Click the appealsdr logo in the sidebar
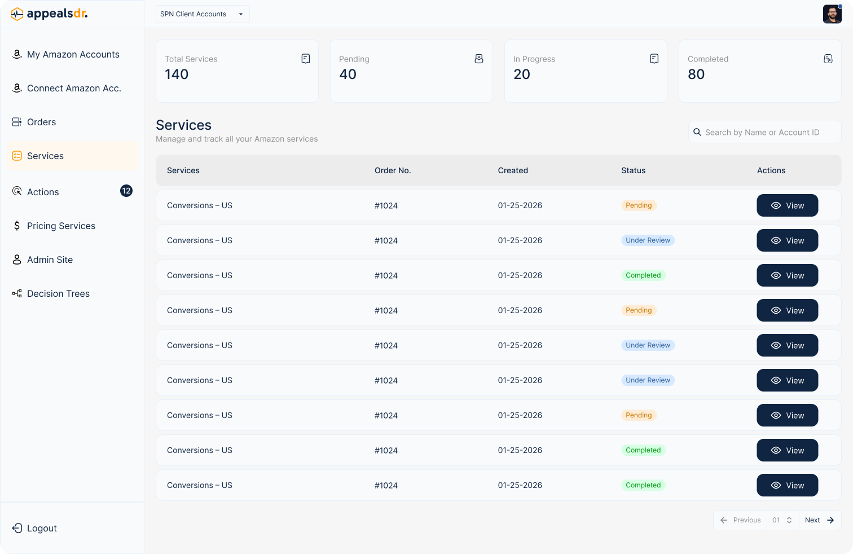coord(50,14)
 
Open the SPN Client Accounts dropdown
coord(202,14)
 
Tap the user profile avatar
coord(832,14)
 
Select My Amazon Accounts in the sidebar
coord(73,55)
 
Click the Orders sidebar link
coord(41,122)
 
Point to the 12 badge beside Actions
coord(126,191)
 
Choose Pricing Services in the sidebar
coord(61,226)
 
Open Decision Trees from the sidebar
coord(58,294)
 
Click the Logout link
coord(41,529)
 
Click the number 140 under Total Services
coord(177,74)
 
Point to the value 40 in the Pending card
coord(348,74)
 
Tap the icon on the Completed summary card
coord(828,59)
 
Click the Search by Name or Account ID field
coord(764,133)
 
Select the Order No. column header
coord(393,170)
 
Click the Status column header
coord(633,170)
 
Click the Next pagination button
coord(819,520)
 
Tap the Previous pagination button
coord(741,520)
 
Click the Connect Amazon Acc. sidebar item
coord(74,89)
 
